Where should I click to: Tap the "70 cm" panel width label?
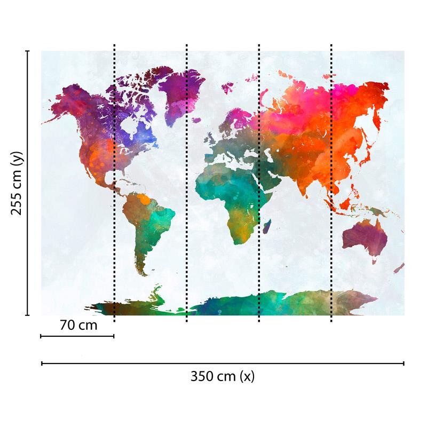pos(78,325)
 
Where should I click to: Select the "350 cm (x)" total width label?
pos(223,376)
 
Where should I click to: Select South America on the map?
pos(147,224)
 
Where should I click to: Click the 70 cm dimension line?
pos(77,336)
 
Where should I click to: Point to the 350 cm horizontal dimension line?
pos(223,363)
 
